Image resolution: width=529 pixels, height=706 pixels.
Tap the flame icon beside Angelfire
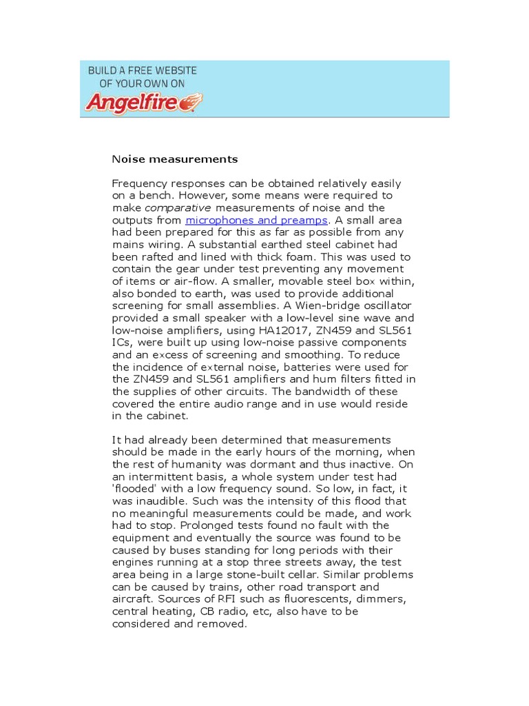click(x=195, y=102)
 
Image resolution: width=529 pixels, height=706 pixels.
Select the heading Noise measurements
click(x=175, y=159)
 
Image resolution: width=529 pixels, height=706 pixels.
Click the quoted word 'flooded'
click(x=132, y=488)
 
